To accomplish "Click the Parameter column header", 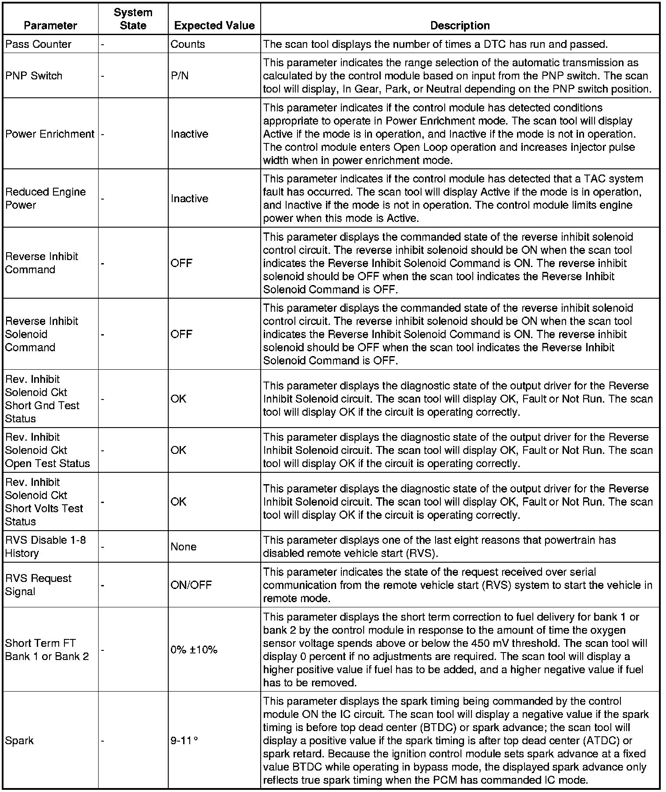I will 50,25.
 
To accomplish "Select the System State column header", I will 133,19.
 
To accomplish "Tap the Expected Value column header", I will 214,25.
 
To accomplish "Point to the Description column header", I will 460,25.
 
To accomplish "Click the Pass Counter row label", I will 38,44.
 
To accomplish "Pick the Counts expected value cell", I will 188,44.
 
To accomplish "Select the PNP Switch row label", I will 34,76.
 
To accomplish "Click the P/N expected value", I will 180,76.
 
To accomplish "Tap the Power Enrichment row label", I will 50,134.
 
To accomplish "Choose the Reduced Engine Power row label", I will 45,198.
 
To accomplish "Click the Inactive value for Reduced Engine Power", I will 189,199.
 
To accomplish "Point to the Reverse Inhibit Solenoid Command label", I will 41,334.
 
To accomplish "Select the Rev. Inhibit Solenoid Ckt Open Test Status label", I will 47,450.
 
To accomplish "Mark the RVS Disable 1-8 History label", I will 45,546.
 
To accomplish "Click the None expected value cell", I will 184,547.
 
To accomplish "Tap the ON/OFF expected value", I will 191,585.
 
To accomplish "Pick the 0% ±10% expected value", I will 194,650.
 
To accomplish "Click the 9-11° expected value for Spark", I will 184,741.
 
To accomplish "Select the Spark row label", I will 19,741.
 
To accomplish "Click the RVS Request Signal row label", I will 38,585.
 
